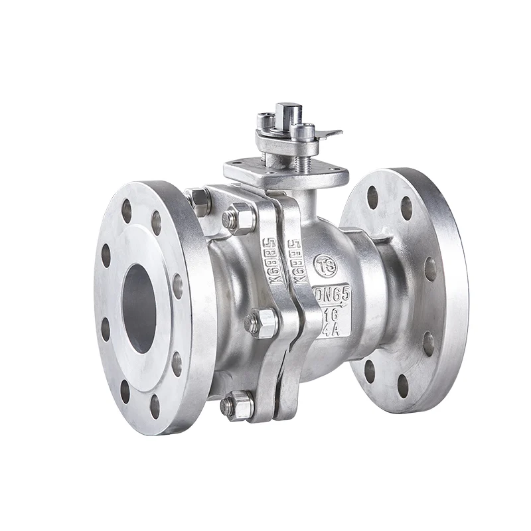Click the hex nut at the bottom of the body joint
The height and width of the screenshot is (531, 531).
pos(239,405)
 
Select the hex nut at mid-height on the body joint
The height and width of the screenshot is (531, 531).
pos(261,323)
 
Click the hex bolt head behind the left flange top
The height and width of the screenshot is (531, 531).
pos(198,198)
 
